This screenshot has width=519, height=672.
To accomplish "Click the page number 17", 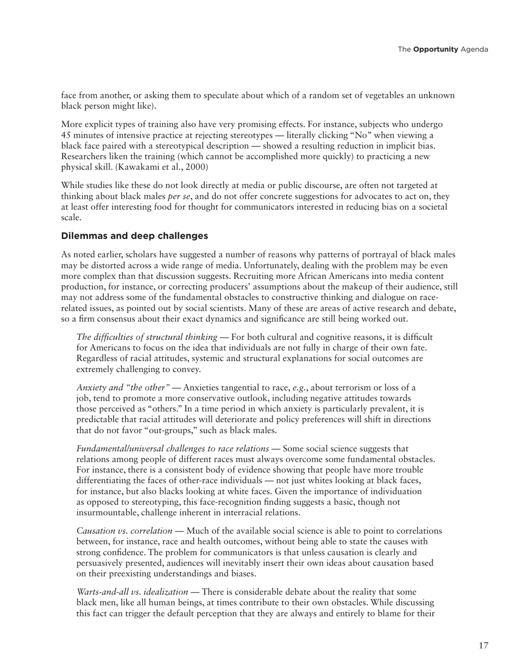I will point(483,646).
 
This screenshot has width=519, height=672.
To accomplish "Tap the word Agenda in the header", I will point(474,50).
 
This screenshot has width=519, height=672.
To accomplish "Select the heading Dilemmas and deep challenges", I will point(134,236).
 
